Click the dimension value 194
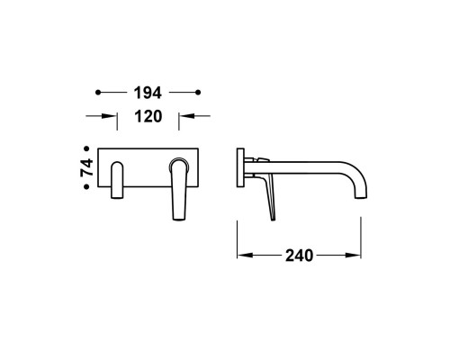(x=148, y=93)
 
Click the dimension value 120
(x=148, y=116)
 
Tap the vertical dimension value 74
(x=87, y=167)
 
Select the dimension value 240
(x=299, y=256)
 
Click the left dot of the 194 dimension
(x=98, y=93)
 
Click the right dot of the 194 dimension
(x=198, y=93)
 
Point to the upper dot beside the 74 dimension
(x=86, y=148)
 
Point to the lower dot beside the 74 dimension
(x=86, y=186)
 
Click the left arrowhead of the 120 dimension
(x=109, y=116)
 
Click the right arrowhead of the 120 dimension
(x=186, y=116)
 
